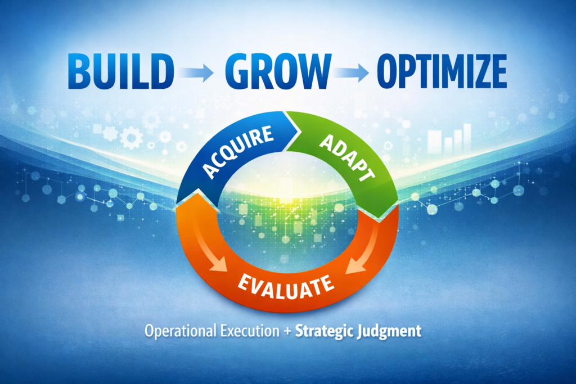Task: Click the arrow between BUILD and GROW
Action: pos(198,71)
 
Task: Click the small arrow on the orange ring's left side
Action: pos(217,259)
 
